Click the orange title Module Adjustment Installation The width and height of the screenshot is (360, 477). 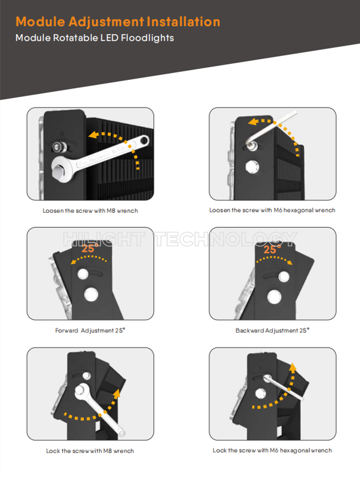click(x=118, y=22)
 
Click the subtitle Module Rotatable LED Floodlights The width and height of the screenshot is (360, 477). click(x=95, y=38)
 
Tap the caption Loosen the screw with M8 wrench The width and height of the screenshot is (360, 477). click(x=90, y=211)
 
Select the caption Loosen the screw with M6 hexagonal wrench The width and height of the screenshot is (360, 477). click(x=272, y=210)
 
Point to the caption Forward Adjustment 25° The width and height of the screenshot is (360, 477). click(x=90, y=330)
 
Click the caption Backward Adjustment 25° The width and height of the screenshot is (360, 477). click(x=273, y=330)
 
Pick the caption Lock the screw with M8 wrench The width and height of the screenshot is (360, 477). click(x=90, y=451)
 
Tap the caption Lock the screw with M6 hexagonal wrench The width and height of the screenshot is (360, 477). click(x=272, y=450)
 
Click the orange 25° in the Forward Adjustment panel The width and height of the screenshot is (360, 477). click(x=90, y=248)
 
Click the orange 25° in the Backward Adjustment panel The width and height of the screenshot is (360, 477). click(x=272, y=249)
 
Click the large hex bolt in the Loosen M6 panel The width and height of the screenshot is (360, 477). click(x=252, y=167)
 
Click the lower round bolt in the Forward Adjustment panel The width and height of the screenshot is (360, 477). click(x=91, y=294)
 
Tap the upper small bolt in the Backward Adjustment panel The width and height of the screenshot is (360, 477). click(x=284, y=277)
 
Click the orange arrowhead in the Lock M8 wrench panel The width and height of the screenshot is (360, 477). click(x=117, y=393)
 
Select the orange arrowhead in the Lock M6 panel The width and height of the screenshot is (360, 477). click(x=293, y=367)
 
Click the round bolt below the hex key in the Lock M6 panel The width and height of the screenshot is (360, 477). click(x=261, y=393)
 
